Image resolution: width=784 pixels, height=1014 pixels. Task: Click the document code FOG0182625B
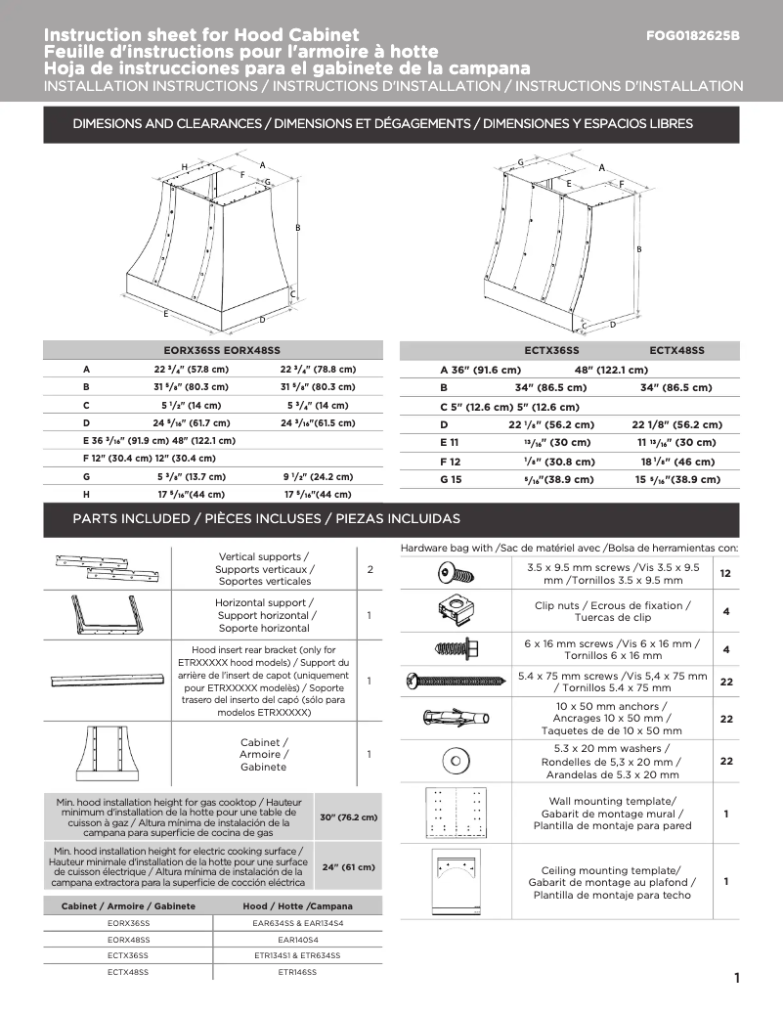(x=693, y=36)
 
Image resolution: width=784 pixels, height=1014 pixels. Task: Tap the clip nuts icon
(x=455, y=612)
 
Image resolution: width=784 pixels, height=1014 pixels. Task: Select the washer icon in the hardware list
(x=455, y=760)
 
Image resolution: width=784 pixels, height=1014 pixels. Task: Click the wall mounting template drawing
(x=456, y=813)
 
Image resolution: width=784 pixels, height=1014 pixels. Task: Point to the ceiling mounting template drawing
(x=456, y=880)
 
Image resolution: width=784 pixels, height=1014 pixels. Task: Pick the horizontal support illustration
(x=107, y=616)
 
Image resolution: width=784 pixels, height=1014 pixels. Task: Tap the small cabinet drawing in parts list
(x=107, y=754)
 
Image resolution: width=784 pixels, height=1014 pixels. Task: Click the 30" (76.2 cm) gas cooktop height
(x=348, y=816)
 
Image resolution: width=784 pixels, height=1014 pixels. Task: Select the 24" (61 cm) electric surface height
(x=348, y=866)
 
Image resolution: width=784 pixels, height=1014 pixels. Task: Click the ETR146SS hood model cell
(x=297, y=972)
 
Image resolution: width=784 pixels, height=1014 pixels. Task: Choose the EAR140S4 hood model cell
(x=297, y=939)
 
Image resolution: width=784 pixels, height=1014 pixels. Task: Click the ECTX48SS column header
(x=676, y=350)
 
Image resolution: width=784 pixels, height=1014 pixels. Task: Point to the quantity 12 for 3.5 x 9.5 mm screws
(x=725, y=574)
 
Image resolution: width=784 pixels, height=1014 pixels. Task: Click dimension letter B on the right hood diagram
(x=639, y=249)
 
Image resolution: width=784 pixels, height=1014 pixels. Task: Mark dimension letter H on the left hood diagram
(x=184, y=167)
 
